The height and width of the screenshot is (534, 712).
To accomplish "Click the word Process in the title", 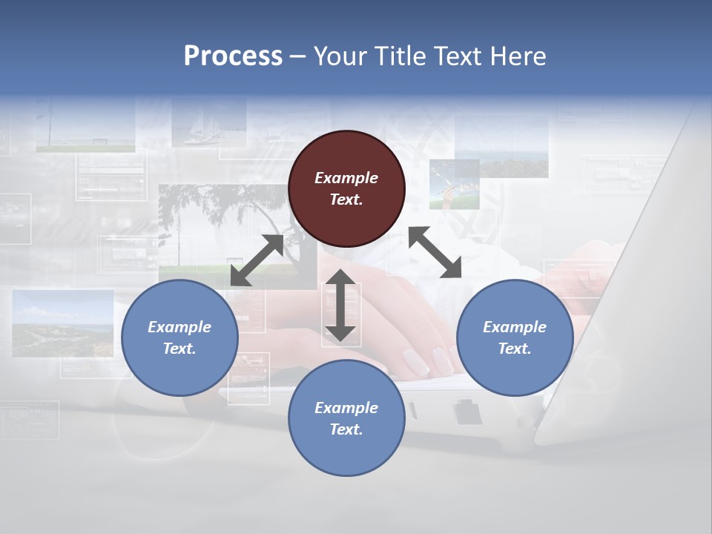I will tap(233, 56).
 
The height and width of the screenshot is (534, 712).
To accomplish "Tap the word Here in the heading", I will tap(517, 56).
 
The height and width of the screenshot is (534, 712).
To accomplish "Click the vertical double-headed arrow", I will tap(340, 305).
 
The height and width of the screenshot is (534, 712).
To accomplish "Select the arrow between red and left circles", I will tap(257, 260).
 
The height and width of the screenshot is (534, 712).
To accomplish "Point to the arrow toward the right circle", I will tap(435, 252).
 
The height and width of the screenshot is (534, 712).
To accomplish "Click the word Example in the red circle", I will tap(346, 178).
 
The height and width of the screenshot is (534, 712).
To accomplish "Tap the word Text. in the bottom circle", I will tap(346, 429).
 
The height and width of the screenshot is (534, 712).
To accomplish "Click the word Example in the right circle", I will tap(515, 327).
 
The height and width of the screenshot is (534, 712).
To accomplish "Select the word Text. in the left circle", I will tap(179, 349).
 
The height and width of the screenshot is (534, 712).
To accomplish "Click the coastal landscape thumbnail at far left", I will tap(63, 323).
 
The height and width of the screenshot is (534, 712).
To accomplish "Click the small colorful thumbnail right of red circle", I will tap(454, 184).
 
